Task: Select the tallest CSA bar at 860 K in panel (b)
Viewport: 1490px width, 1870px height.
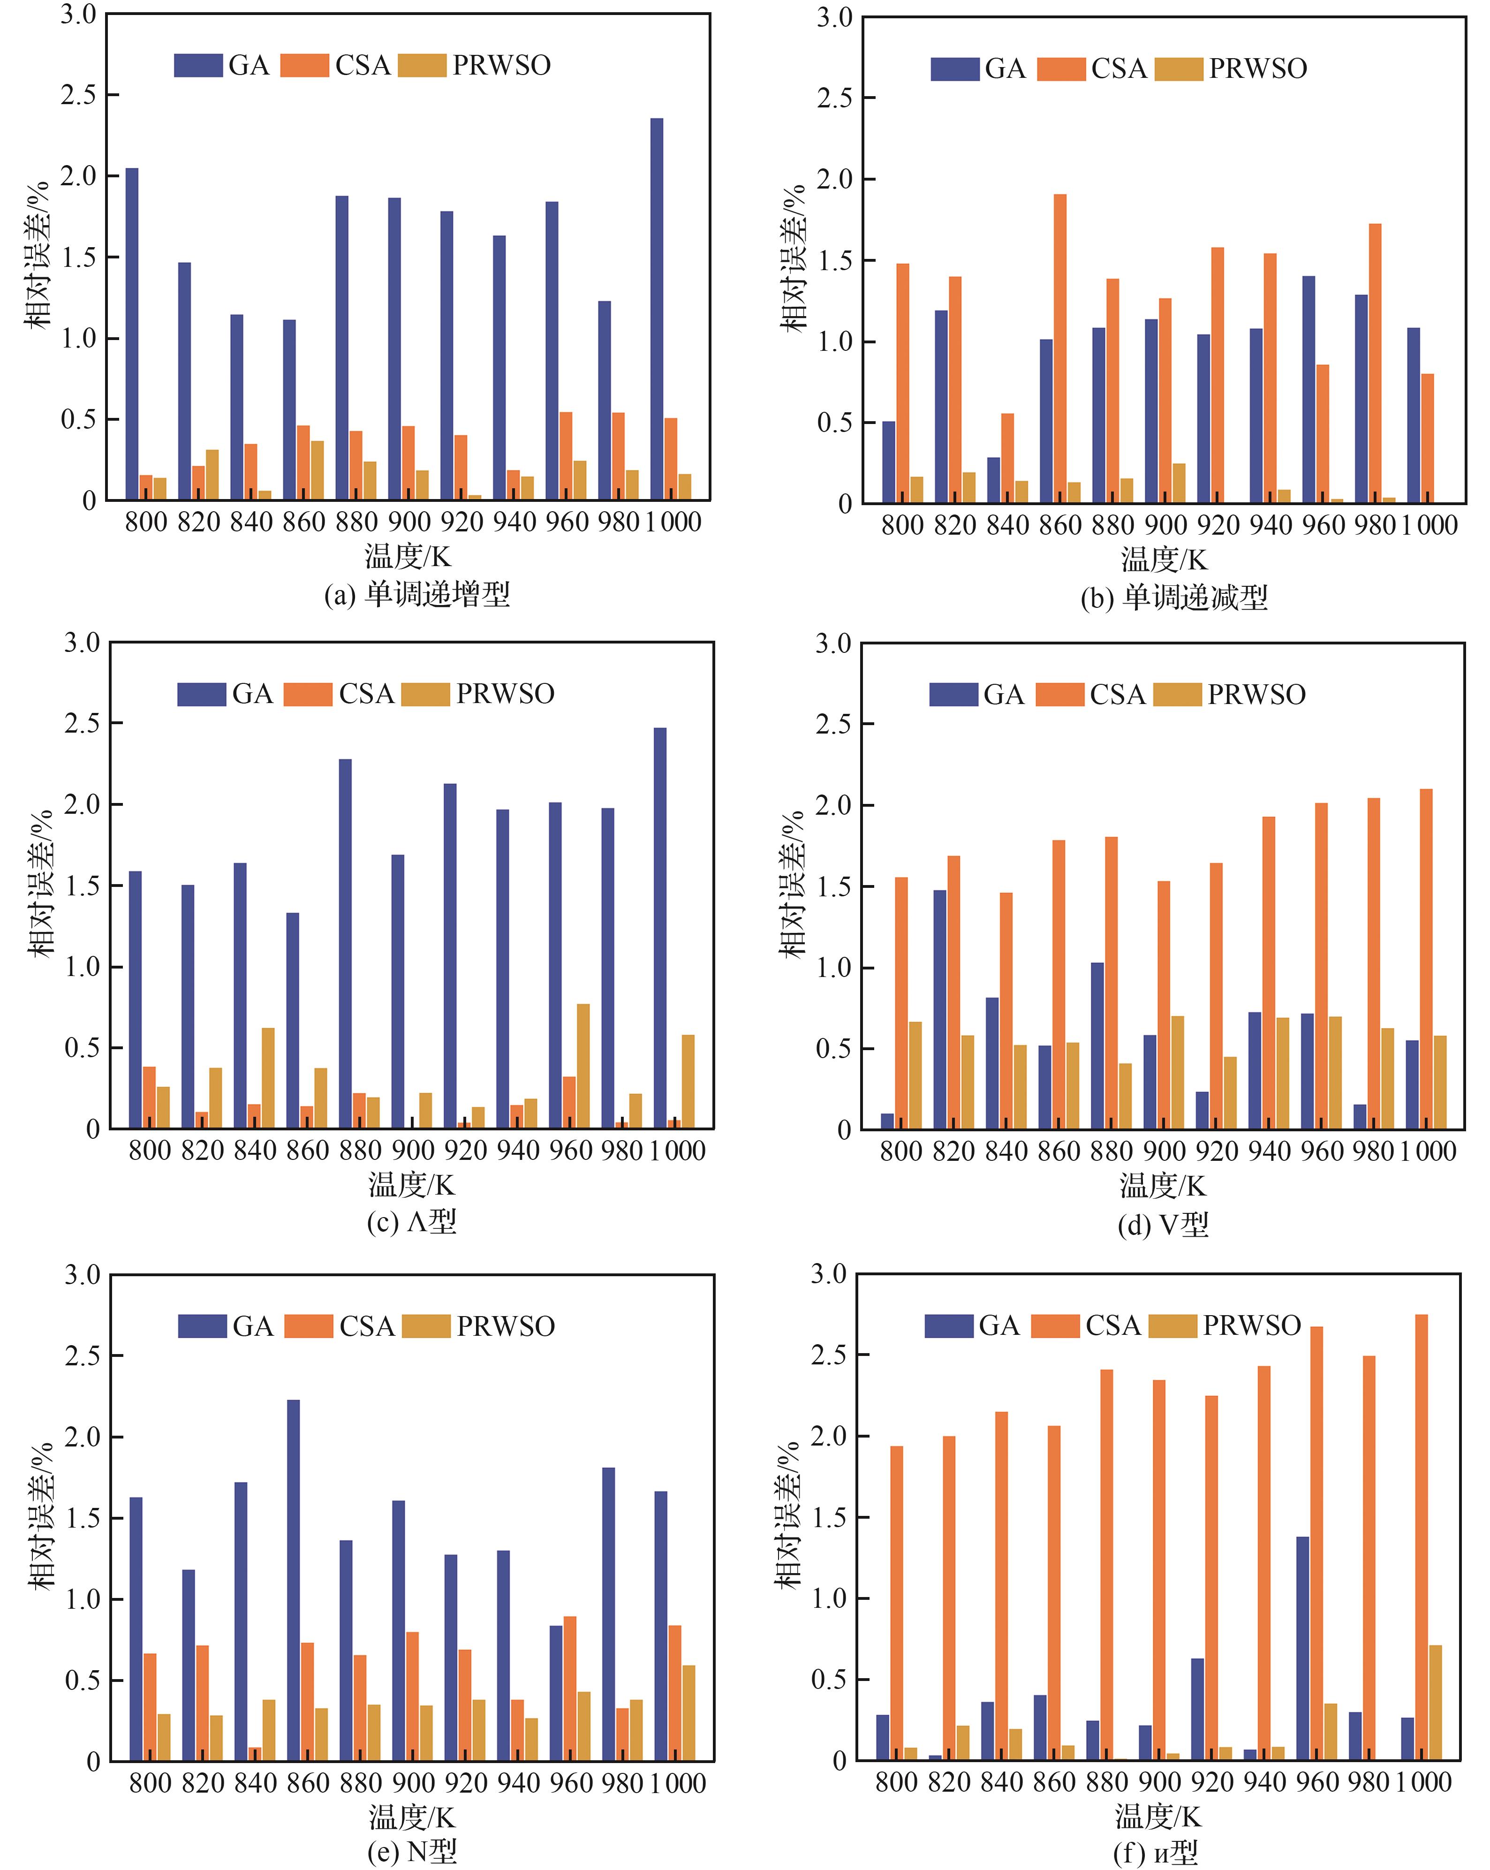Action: [1060, 348]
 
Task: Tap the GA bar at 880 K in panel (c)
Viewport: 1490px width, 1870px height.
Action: [345, 944]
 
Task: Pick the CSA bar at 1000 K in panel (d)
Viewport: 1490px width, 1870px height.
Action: [1426, 958]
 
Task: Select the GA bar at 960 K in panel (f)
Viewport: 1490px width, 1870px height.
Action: [1303, 1648]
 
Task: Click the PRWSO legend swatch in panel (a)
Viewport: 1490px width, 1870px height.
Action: [423, 65]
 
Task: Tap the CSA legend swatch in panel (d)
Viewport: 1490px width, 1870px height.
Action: [1059, 695]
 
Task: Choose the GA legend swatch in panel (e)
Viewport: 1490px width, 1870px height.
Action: [202, 1326]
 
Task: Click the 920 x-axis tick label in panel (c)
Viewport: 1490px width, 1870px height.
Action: [466, 1151]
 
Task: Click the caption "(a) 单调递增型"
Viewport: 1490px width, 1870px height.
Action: [416, 594]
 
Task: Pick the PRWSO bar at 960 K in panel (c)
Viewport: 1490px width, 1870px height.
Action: [583, 1066]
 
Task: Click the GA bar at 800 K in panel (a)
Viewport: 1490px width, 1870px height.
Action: [132, 334]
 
